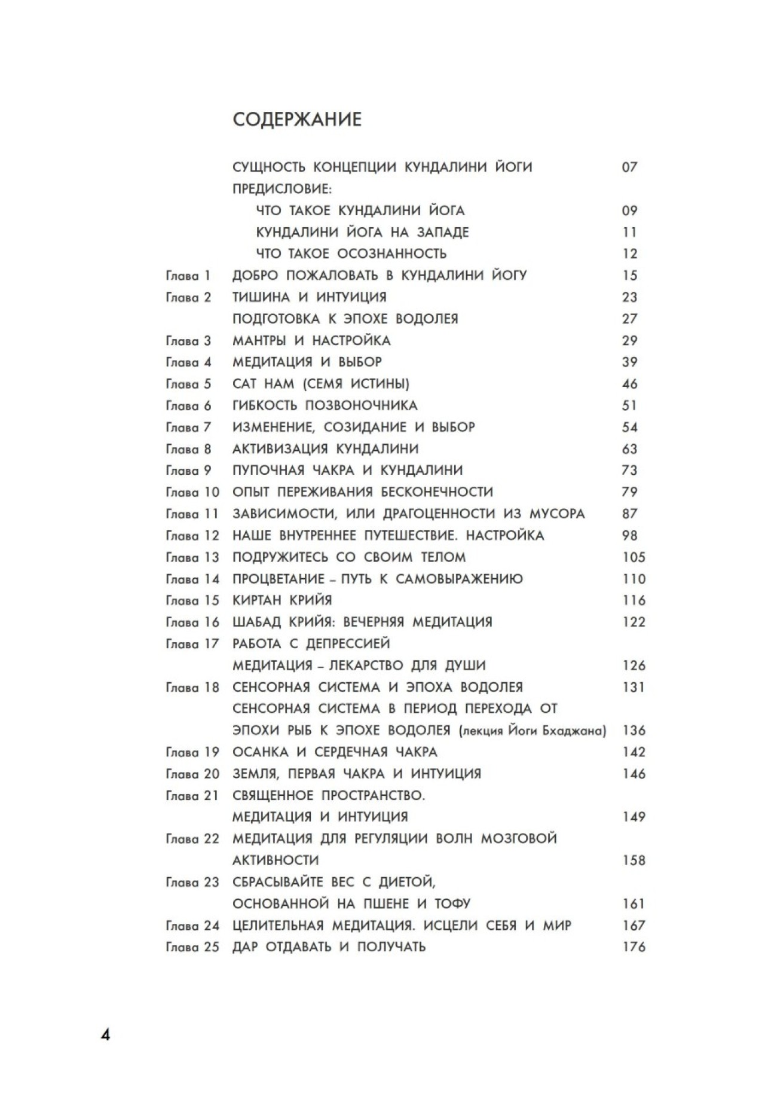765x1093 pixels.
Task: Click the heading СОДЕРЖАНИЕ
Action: (297, 120)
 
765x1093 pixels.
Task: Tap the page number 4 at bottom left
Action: (105, 1035)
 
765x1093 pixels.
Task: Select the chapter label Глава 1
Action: (188, 276)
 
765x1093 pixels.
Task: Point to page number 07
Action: (630, 167)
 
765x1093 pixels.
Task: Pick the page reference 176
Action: (634, 947)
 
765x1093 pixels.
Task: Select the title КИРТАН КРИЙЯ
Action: (282, 600)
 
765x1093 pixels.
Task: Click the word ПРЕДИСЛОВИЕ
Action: (281, 189)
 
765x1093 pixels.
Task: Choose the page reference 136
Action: (634, 730)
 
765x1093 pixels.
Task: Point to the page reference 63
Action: (630, 449)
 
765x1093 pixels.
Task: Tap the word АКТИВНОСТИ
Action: (275, 860)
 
